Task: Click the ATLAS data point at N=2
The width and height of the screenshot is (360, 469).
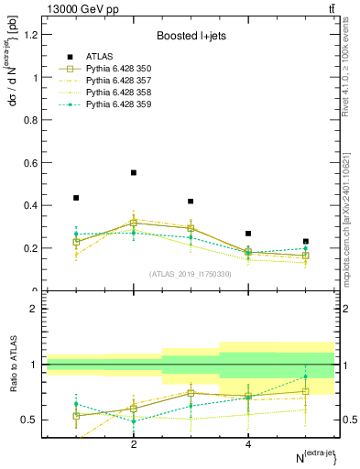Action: [x=134, y=172]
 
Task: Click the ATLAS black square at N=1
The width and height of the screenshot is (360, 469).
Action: [x=76, y=198]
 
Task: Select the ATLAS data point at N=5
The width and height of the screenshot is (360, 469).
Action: [x=306, y=242]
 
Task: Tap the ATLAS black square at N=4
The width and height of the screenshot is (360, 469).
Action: [x=248, y=234]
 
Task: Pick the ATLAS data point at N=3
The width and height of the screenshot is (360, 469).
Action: [x=191, y=202]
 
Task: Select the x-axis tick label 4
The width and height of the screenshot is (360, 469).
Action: [x=248, y=444]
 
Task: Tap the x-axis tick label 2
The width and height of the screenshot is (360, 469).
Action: [x=134, y=444]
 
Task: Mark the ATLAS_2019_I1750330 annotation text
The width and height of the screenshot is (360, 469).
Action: [x=190, y=273]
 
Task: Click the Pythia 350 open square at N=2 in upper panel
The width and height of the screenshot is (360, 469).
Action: [x=134, y=223]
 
